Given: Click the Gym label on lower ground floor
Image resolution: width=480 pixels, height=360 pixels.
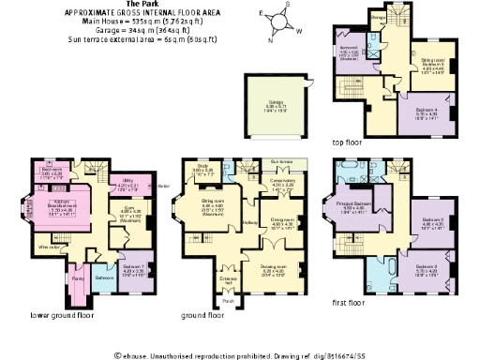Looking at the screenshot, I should click(129, 212).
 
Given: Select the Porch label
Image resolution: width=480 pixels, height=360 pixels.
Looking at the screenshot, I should click(229, 301).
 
